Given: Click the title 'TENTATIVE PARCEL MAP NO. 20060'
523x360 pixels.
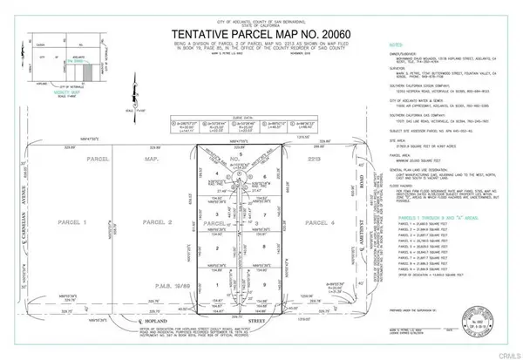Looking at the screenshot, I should click(261, 31).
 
